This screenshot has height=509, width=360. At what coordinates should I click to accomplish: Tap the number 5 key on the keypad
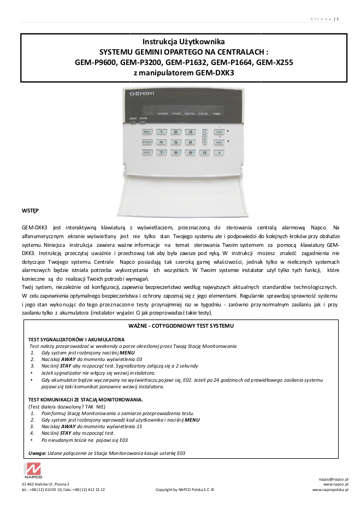175,142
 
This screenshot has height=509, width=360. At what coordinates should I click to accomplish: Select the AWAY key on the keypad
219,142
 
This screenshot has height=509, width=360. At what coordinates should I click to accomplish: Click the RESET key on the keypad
147,152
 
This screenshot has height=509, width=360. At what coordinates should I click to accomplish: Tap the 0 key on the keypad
205,152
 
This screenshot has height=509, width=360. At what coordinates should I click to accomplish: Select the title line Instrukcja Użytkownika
184,42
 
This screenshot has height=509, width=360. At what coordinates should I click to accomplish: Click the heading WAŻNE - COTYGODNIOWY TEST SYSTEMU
181,325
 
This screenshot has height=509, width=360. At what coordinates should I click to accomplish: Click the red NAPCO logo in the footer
32,470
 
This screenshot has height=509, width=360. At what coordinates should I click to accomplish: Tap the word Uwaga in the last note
37,453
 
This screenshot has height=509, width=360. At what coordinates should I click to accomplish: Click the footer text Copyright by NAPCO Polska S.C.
185,490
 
